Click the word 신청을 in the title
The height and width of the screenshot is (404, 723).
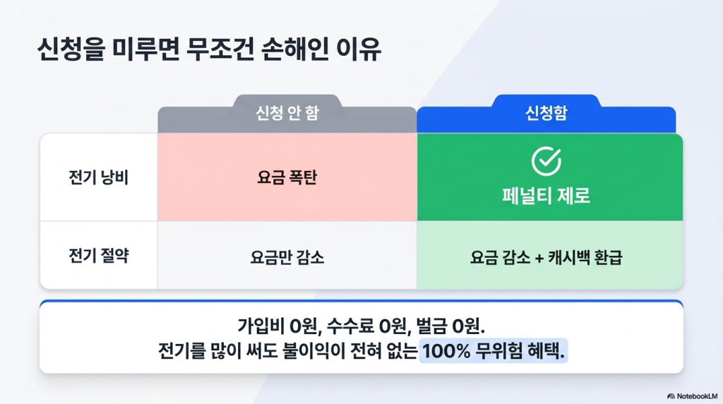pos(71,49)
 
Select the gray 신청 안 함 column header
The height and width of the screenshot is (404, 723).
pos(287,114)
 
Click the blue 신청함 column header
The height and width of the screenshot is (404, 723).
pos(546,114)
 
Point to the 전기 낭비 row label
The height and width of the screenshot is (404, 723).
pos(98,177)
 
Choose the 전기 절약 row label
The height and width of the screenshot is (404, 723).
pos(98,256)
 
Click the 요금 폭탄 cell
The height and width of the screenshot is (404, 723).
pos(287,177)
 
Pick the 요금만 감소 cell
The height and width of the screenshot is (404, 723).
pos(287,257)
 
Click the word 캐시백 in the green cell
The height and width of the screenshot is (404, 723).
pos(568,257)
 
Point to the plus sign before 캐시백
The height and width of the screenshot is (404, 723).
pos(539,257)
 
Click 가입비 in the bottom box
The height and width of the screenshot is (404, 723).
pos(261,326)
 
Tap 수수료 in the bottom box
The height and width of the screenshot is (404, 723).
pos(349,326)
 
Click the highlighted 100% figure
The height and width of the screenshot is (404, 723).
pos(446,352)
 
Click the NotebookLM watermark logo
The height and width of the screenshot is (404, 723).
pos(671,396)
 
